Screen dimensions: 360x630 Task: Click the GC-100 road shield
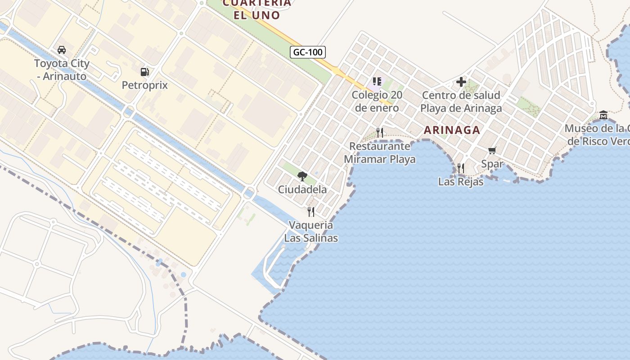(308, 52)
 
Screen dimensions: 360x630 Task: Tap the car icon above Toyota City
(62, 49)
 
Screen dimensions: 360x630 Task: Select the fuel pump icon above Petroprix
(144, 72)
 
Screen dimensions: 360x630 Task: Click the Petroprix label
(144, 85)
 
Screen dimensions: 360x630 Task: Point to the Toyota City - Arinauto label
(62, 70)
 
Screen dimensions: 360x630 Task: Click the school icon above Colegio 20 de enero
(377, 81)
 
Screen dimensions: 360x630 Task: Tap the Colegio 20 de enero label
(377, 101)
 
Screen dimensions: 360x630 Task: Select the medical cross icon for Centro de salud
(461, 82)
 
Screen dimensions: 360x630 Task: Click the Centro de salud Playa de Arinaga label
(461, 102)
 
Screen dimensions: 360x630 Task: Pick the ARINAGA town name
(452, 130)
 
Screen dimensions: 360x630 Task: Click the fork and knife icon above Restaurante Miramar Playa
(380, 132)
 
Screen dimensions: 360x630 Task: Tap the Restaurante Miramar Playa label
(380, 153)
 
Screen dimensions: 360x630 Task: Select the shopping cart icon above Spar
(492, 150)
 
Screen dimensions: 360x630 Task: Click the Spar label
(492, 164)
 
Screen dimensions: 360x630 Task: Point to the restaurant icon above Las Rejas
(460, 168)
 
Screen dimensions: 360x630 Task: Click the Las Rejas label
(460, 182)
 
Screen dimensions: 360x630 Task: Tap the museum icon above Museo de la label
(603, 115)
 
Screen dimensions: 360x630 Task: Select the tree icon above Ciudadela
(302, 176)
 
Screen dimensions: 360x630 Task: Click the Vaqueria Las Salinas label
(311, 231)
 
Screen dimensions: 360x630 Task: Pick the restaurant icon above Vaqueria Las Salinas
(311, 211)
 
